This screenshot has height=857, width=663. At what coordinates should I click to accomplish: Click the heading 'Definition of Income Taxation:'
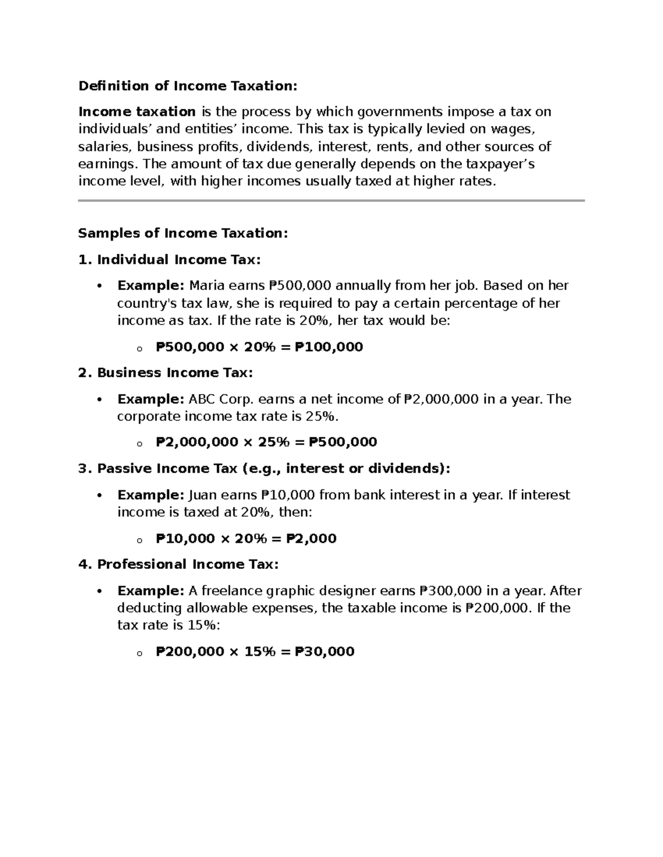pos(188,86)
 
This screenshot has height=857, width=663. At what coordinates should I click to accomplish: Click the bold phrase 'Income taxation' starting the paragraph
pos(137,112)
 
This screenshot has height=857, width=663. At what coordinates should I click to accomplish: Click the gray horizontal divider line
pos(331,201)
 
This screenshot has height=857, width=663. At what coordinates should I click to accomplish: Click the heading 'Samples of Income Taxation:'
pos(183,233)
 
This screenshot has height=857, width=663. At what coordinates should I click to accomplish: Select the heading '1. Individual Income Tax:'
pos(169,260)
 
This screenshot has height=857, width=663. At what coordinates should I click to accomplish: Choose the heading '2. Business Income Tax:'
pos(165,373)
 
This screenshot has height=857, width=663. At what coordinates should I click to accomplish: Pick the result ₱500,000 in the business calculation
pos(343,442)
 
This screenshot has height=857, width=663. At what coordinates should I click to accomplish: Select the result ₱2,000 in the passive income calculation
pos(311,539)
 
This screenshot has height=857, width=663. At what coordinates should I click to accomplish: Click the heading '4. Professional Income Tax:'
pos(178,565)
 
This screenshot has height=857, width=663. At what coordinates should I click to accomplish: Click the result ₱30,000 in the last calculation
pos(324,652)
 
